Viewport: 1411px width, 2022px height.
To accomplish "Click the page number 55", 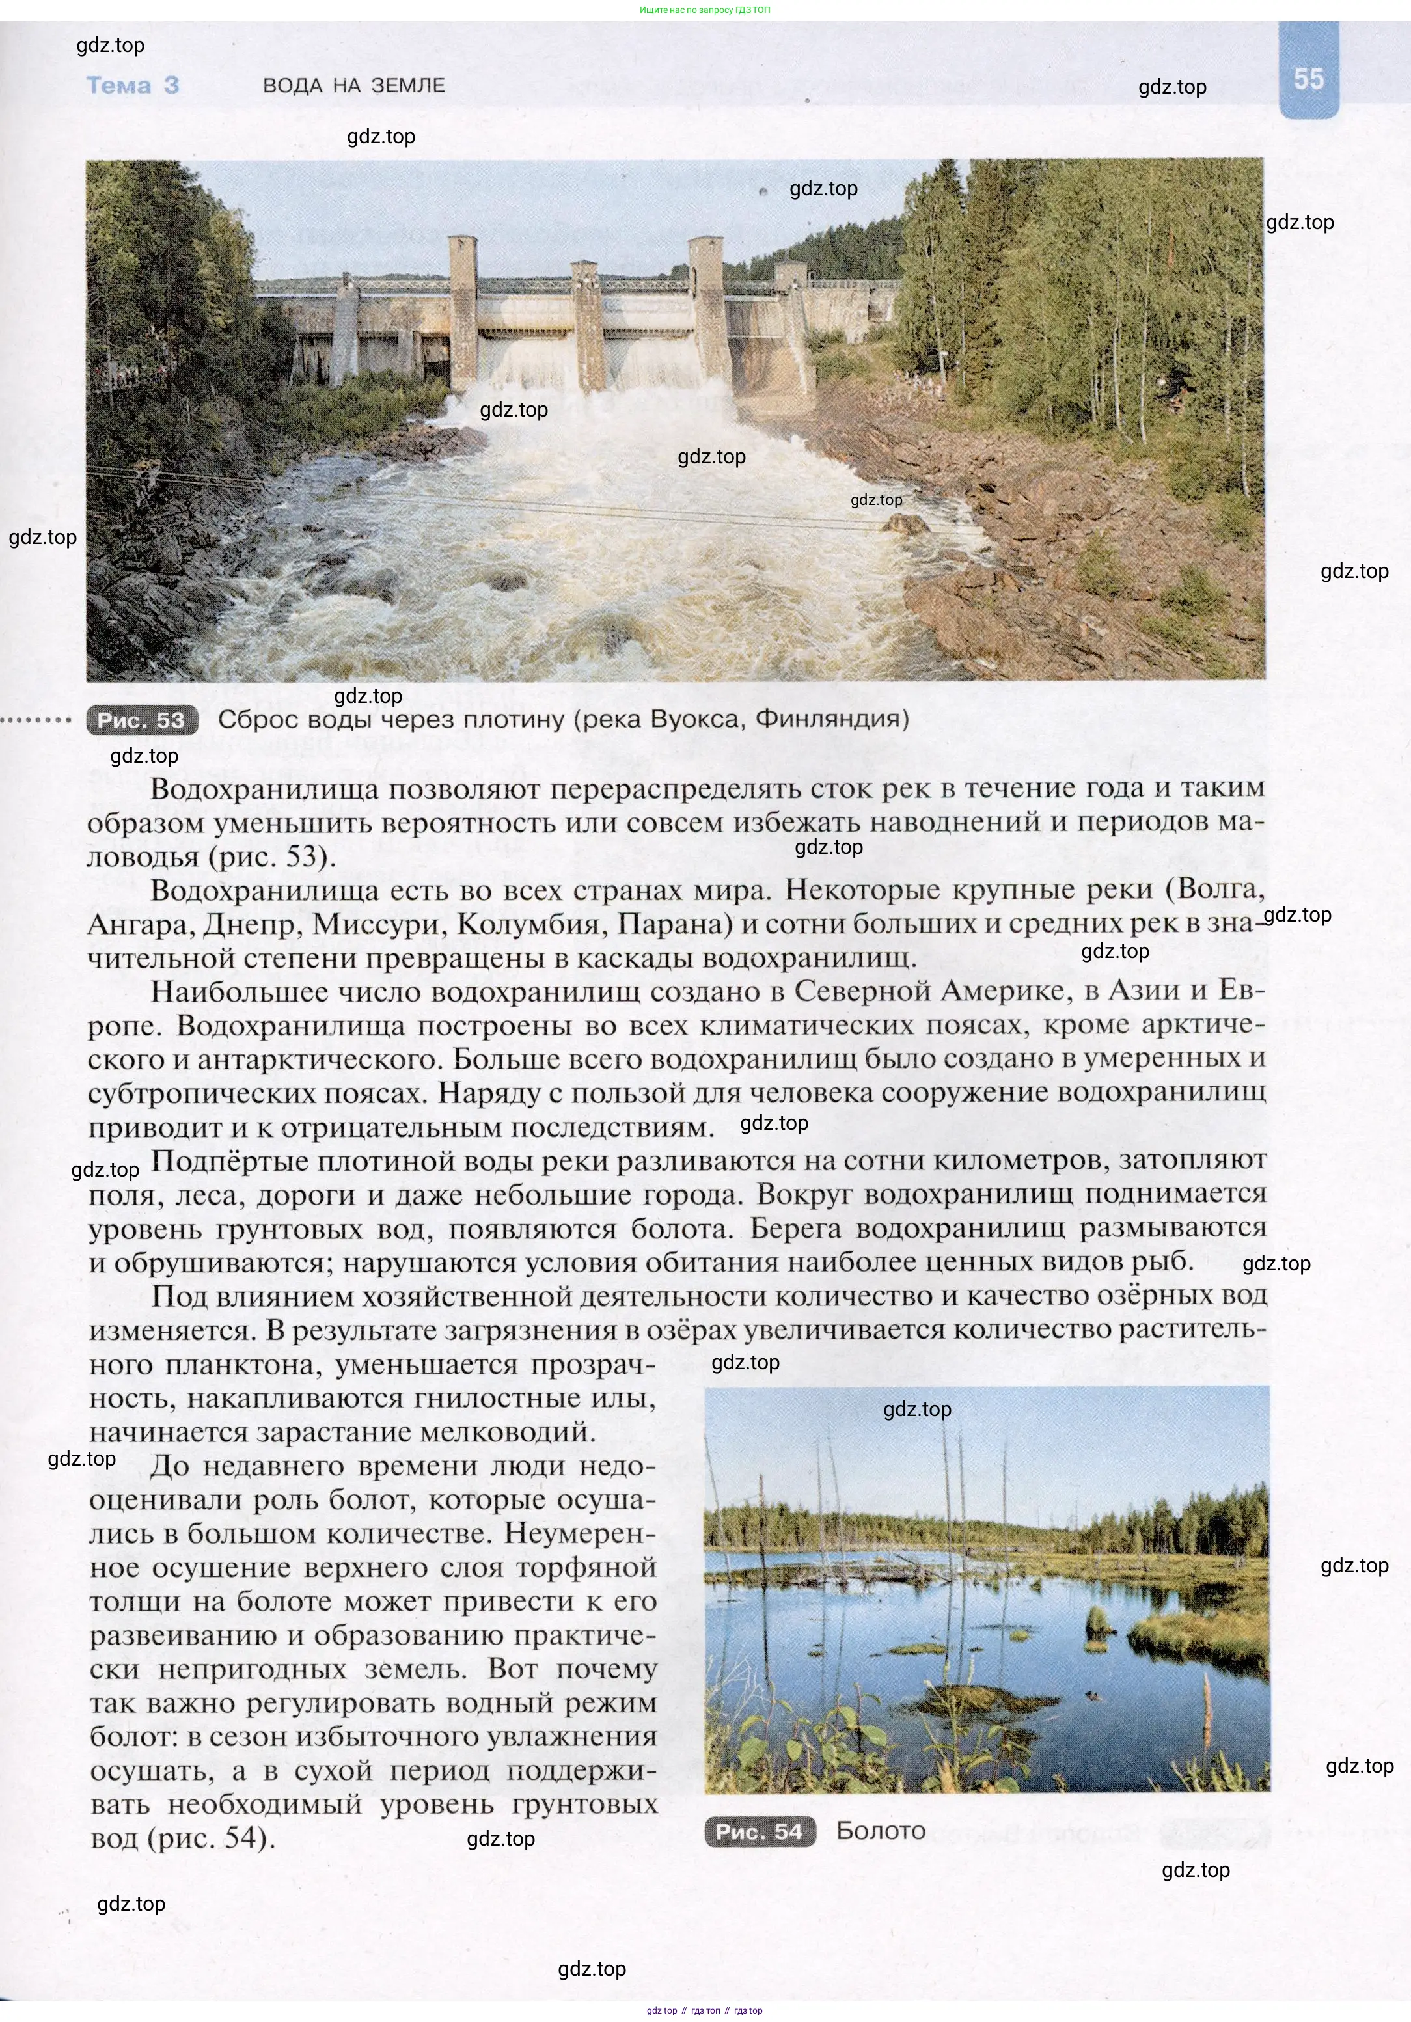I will (1308, 79).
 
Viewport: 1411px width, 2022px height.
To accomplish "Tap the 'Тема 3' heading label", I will (133, 85).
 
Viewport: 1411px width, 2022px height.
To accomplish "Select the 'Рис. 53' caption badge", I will (141, 720).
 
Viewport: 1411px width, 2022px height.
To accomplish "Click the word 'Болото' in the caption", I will (881, 1831).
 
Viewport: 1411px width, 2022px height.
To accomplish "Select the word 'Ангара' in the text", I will (141, 924).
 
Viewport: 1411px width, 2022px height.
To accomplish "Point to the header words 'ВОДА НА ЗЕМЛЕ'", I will (354, 85).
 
